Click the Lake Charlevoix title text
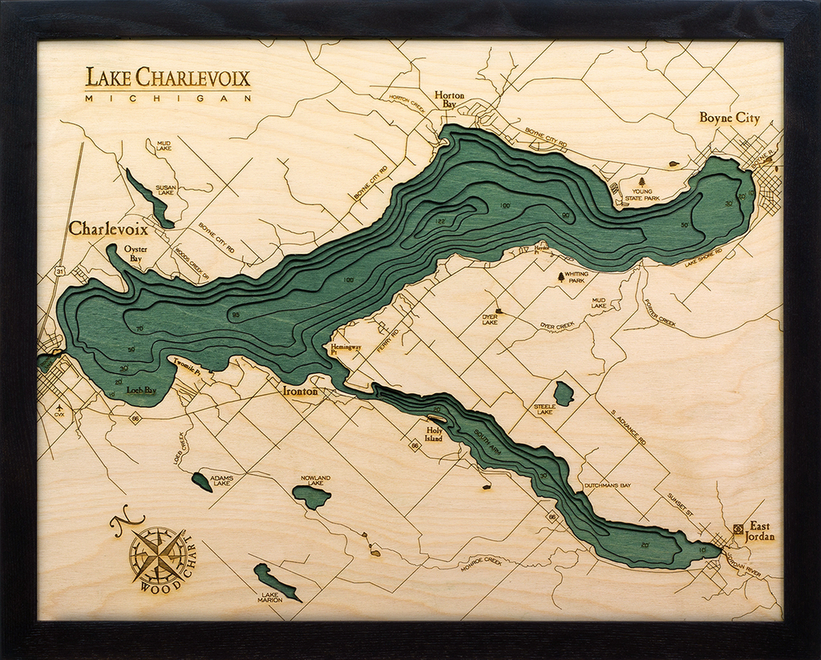(x=168, y=78)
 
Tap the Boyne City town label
(x=729, y=118)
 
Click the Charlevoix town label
(x=107, y=229)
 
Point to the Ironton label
(x=301, y=392)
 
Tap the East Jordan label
(x=760, y=531)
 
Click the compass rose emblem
(x=158, y=553)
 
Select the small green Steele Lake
(x=564, y=393)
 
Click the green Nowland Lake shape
(x=311, y=497)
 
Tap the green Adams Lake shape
(x=201, y=481)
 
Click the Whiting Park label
(x=576, y=278)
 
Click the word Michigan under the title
(x=168, y=98)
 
